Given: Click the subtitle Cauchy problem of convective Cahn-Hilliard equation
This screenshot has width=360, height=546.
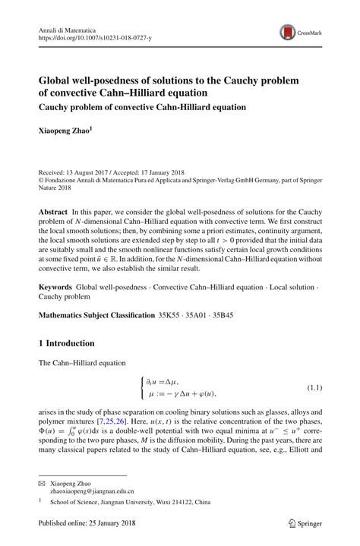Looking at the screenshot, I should (x=143, y=107).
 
